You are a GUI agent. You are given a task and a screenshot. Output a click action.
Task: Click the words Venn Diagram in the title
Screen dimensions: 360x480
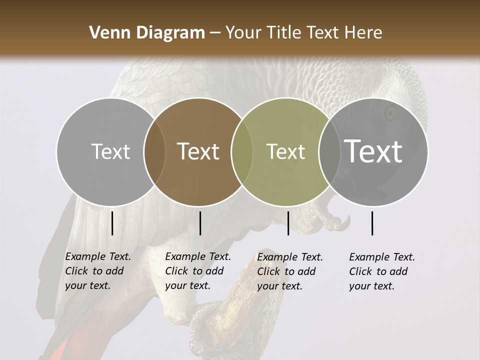(x=147, y=33)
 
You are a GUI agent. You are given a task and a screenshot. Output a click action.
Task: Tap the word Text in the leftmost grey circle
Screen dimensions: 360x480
(x=110, y=152)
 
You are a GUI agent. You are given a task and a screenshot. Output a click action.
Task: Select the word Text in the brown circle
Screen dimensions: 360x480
(x=198, y=152)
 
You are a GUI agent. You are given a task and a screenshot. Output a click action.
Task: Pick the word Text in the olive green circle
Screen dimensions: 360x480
(x=285, y=152)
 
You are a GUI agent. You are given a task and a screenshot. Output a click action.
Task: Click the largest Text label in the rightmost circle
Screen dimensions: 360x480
(x=373, y=151)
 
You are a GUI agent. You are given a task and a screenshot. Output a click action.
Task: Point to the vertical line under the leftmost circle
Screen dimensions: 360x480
(x=112, y=223)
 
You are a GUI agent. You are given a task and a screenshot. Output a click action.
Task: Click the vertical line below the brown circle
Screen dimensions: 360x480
(x=200, y=223)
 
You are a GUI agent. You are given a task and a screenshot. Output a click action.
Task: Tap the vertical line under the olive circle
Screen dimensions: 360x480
(x=288, y=223)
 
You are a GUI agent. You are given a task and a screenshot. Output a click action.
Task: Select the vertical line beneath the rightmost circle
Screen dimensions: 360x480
(x=372, y=223)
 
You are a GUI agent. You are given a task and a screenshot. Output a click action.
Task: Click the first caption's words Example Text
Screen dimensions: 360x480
(x=98, y=256)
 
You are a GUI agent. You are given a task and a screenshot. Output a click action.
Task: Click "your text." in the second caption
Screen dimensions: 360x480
(x=187, y=285)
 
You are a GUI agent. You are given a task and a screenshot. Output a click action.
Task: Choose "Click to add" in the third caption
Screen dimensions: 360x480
(x=286, y=271)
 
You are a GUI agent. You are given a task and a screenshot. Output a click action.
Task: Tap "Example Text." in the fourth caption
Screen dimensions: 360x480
(x=382, y=257)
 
